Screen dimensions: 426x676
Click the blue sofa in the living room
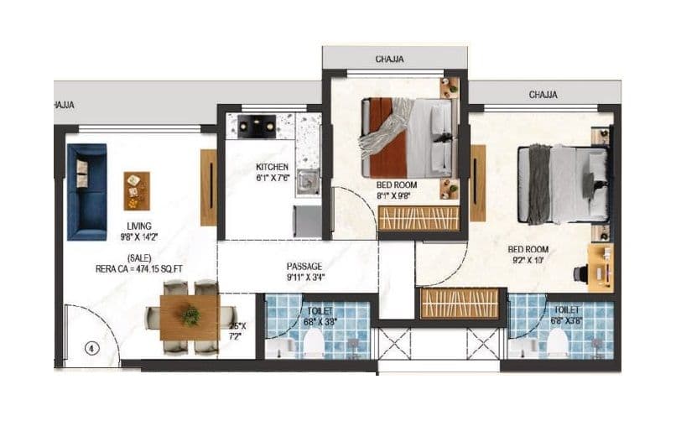[86, 191]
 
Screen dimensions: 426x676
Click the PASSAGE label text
[304, 266]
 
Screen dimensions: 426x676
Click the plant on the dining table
[191, 316]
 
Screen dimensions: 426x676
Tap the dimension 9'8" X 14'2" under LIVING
[138, 237]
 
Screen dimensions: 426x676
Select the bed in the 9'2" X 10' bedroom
[562, 184]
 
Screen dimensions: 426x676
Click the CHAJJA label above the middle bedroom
[390, 59]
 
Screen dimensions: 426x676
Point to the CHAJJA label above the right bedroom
[543, 95]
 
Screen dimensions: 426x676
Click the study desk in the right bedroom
[600, 268]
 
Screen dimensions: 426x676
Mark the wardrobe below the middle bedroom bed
[419, 218]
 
